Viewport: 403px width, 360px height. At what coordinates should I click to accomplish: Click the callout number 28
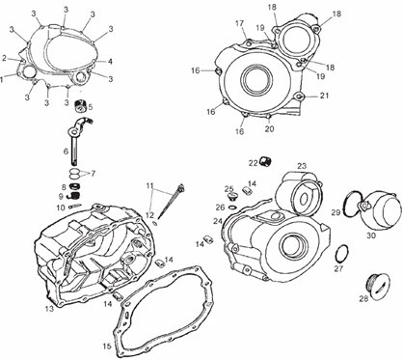(x=363, y=299)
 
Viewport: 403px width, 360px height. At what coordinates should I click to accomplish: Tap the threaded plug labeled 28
(x=381, y=288)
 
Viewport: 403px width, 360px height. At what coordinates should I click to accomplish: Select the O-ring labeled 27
(x=341, y=253)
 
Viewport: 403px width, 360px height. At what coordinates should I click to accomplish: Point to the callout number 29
(x=336, y=212)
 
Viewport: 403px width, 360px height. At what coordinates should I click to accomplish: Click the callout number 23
(x=302, y=166)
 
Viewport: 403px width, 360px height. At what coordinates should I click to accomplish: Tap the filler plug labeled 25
(x=232, y=197)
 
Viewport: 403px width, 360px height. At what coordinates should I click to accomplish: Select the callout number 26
(x=220, y=208)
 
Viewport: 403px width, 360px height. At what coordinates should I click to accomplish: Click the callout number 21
(x=324, y=96)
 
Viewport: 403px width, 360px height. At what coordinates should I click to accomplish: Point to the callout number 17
(x=239, y=23)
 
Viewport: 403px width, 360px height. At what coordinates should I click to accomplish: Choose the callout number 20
(x=270, y=128)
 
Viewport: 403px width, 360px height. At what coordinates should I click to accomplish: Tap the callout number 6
(x=66, y=152)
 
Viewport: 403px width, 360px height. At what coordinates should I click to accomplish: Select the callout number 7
(x=93, y=174)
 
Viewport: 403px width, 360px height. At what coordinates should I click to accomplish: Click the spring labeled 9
(x=74, y=196)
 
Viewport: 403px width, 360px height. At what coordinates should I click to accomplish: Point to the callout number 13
(x=49, y=309)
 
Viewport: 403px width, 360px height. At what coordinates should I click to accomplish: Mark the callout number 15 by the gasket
(x=107, y=346)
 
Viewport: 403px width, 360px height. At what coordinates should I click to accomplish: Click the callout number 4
(x=110, y=61)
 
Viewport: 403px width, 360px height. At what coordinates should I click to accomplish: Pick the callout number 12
(x=150, y=214)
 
